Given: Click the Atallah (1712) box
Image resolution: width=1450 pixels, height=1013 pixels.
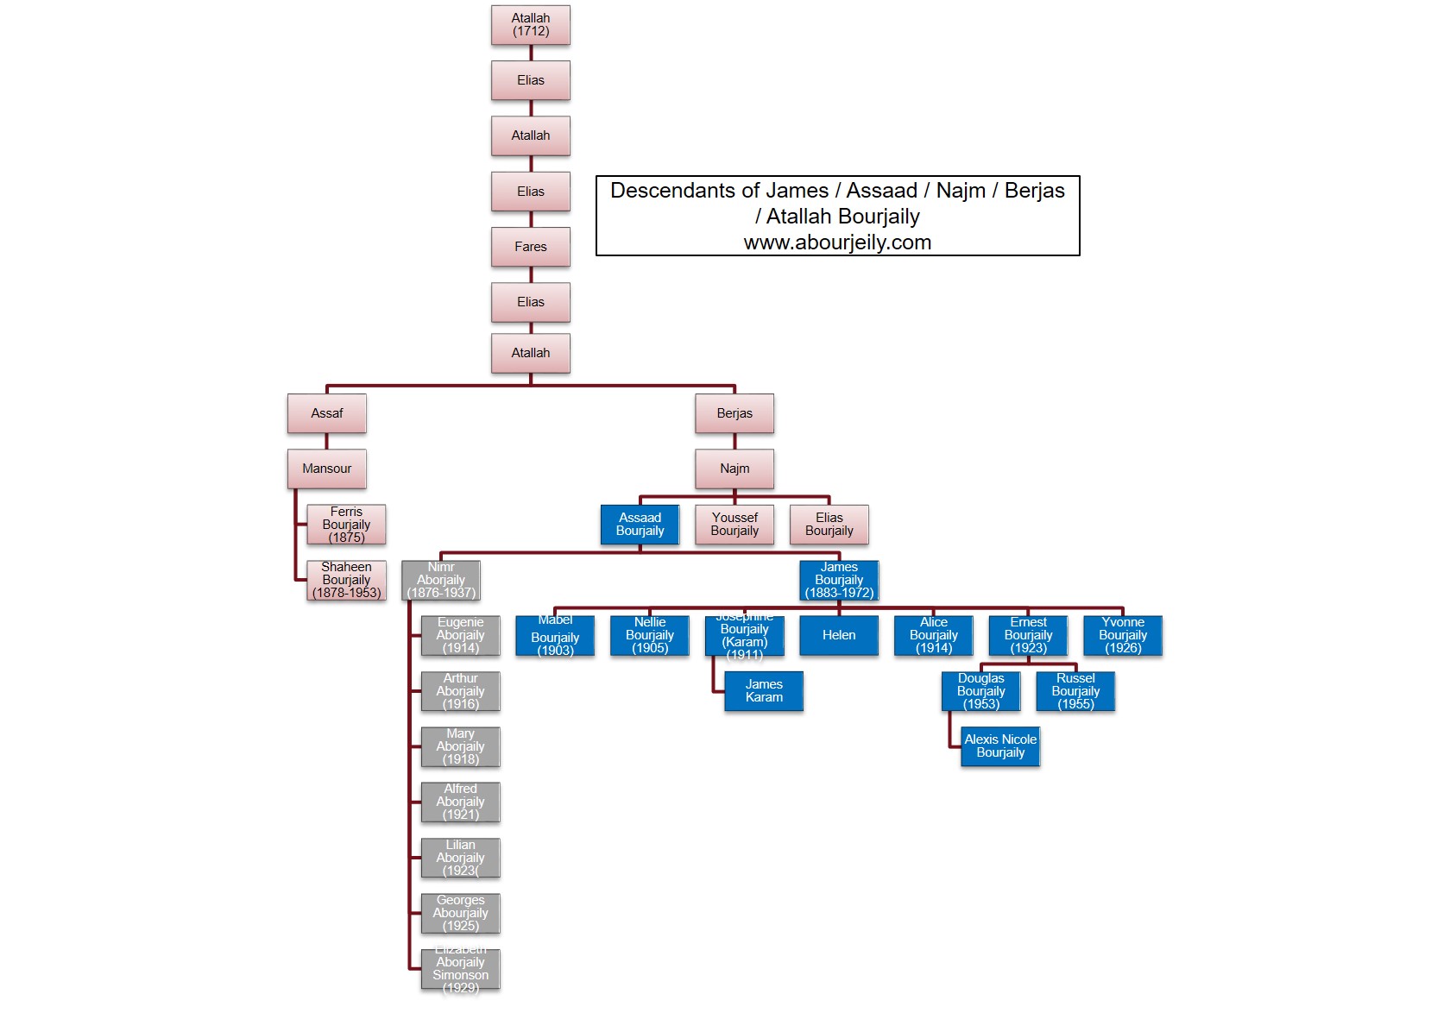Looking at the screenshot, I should click(530, 25).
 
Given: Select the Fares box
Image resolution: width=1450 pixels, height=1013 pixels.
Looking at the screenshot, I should click(530, 247).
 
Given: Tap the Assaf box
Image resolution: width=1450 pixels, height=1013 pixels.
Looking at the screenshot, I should click(326, 413).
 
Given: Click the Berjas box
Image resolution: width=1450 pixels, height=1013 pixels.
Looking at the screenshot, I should click(734, 413).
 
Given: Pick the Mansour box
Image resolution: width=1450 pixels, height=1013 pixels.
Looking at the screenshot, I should click(326, 469).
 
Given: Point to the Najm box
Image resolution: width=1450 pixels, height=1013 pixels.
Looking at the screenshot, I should click(734, 469).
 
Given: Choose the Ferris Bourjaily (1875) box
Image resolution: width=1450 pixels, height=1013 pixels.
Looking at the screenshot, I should click(346, 525).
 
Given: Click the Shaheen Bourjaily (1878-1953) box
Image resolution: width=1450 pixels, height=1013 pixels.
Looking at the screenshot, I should click(346, 580).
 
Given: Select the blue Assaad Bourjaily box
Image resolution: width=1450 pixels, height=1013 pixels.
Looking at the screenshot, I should click(640, 525).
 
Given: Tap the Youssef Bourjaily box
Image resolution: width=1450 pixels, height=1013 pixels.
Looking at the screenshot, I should click(734, 525).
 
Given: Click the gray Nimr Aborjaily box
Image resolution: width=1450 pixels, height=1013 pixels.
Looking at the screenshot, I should click(440, 580).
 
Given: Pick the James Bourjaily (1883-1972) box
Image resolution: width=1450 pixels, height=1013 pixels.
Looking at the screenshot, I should click(839, 580).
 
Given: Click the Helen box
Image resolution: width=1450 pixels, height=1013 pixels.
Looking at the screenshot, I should click(839, 635).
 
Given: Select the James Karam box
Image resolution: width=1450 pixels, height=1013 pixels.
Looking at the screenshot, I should click(764, 691).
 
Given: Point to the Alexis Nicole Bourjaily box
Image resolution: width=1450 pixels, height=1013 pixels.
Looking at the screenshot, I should click(1000, 746).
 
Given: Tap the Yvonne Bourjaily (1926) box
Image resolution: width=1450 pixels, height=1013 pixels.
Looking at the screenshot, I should click(1122, 635).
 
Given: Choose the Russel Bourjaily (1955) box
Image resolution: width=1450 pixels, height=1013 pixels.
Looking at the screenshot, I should click(1075, 691).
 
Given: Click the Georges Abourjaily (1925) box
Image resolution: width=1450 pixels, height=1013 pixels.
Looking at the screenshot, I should click(460, 913).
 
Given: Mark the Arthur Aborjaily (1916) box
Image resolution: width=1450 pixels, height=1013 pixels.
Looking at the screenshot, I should click(460, 691).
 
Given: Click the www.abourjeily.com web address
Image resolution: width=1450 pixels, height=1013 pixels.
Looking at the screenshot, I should click(837, 242).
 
